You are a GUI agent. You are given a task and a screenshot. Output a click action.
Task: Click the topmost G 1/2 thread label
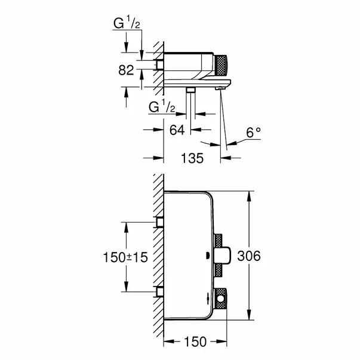pos(128,24)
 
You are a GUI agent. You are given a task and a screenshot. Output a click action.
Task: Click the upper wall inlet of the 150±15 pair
pos(159,222)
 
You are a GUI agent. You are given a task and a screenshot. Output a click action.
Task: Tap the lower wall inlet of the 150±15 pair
pos(159,291)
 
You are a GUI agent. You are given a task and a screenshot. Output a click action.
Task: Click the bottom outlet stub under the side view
pos(190,90)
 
